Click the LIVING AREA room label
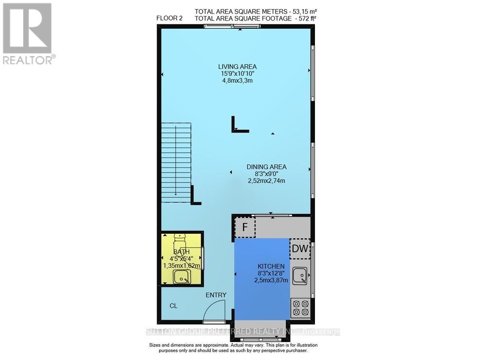pos(237,67)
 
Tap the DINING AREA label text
pos(266,167)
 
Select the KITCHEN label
pos(271,266)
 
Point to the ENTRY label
pos(216,295)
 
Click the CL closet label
pos(174,306)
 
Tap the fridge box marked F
pos(245,227)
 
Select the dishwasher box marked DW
pos(300,249)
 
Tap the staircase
pos(176,163)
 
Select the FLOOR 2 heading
pos(169,18)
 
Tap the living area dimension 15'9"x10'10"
pos(237,73)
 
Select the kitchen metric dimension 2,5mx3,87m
pos(271,280)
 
